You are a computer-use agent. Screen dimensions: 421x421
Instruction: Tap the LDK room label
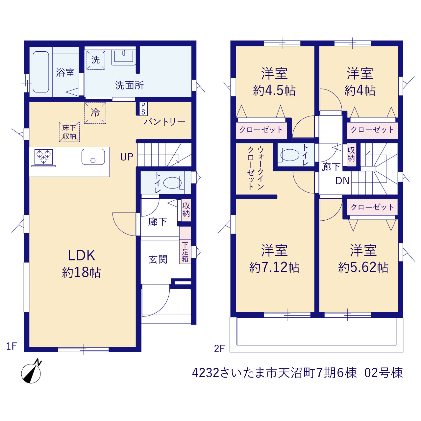tap(82, 255)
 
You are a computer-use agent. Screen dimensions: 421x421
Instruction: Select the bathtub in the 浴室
tap(41, 72)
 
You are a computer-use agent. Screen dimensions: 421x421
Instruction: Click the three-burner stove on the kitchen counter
tap(43, 157)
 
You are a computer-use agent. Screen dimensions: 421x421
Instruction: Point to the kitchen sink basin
tap(93, 157)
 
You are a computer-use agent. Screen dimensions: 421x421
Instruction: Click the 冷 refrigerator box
tap(95, 113)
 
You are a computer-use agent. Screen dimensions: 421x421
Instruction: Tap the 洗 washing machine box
tap(96, 60)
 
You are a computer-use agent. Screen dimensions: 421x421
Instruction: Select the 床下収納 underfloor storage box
tap(69, 132)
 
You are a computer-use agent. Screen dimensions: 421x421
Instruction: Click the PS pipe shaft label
tap(143, 109)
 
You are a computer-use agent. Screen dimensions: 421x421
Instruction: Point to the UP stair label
tap(127, 157)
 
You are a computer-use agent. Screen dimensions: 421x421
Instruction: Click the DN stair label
tap(342, 181)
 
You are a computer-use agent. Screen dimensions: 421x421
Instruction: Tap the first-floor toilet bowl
tap(172, 182)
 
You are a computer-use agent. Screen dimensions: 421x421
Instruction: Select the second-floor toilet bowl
tap(290, 155)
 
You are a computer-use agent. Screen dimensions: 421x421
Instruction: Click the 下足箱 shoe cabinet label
tap(185, 252)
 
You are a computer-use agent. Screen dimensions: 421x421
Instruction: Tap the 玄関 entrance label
tap(158, 260)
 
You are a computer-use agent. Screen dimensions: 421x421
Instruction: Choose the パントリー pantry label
tap(164, 122)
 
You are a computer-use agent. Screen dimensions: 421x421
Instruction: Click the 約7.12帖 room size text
tap(274, 267)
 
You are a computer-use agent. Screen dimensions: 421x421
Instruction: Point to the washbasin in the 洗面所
tap(123, 57)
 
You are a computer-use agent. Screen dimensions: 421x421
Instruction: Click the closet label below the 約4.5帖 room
tap(261, 130)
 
